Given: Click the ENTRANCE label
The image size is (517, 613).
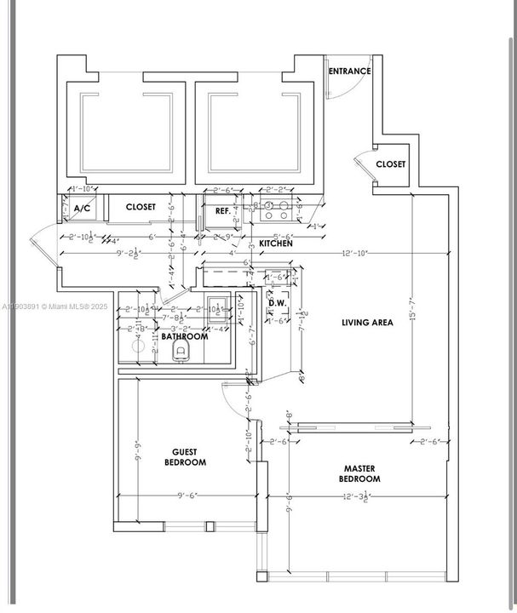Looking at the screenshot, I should (x=350, y=72).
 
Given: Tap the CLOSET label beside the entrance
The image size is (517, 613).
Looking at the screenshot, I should (x=390, y=164).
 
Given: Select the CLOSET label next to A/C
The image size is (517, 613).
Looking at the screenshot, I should (x=141, y=207).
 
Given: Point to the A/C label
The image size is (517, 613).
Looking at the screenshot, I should (x=83, y=209).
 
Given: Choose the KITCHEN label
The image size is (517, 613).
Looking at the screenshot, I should (x=276, y=243).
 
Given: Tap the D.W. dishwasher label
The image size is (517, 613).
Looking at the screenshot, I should (x=276, y=302).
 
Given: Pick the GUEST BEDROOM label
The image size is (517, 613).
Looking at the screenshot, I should (x=185, y=457).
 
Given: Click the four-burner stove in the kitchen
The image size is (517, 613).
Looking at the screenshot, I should (x=278, y=205).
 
